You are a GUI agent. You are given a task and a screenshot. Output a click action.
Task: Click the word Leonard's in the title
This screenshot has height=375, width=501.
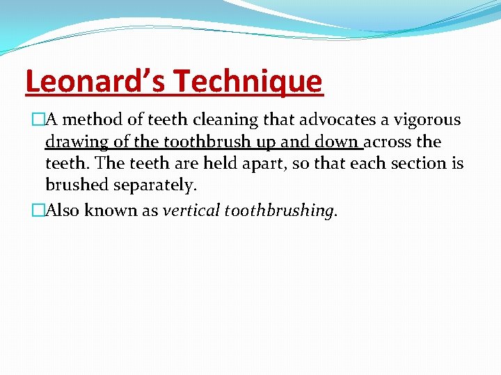[95, 81]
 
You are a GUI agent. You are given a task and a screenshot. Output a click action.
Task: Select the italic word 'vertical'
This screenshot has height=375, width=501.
[193, 211]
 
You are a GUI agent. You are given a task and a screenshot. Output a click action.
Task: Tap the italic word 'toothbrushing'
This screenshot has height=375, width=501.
[283, 211]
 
